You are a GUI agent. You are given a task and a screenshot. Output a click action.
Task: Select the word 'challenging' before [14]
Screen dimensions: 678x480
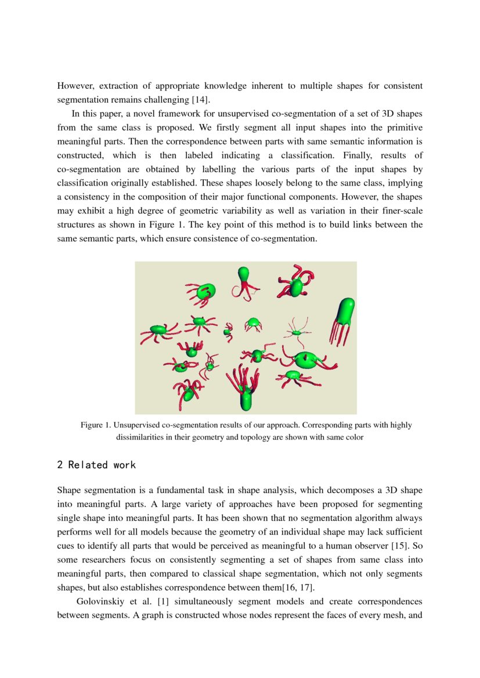coord(169,100)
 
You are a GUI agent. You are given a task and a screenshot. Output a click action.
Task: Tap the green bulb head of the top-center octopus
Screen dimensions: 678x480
coord(244,274)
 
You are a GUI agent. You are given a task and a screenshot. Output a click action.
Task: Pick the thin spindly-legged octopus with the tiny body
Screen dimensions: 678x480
coord(297,332)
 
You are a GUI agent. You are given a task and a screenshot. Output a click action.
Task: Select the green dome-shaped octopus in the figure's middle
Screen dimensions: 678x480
coord(253,321)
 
